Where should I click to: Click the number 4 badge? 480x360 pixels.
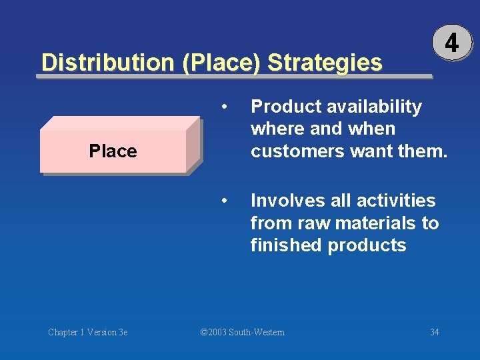coord(451,43)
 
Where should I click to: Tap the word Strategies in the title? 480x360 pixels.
coord(325,63)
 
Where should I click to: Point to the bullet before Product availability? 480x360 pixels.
coord(227,107)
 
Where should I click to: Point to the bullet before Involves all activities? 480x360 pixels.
coord(227,201)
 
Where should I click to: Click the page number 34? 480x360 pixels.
coord(434,332)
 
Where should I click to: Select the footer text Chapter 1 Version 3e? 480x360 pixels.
coord(87,332)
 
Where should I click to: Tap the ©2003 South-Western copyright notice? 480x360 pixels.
coord(243,332)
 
